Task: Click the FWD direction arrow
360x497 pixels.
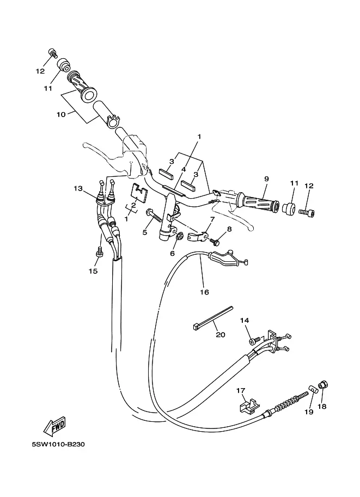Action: [x=54, y=425]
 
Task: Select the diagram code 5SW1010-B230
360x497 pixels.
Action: [x=58, y=444]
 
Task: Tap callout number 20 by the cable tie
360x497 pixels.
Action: [x=221, y=334]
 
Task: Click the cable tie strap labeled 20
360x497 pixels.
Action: [x=213, y=318]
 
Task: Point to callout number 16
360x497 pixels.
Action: [x=205, y=292]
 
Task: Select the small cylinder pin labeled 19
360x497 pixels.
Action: [x=314, y=389]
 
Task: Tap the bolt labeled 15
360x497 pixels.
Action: [x=99, y=253]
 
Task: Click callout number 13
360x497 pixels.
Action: [x=78, y=188]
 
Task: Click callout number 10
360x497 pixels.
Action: [x=61, y=114]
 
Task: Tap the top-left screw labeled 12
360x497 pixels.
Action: [x=53, y=53]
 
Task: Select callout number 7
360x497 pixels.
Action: [x=212, y=219]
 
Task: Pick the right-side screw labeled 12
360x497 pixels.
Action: [x=307, y=213]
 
